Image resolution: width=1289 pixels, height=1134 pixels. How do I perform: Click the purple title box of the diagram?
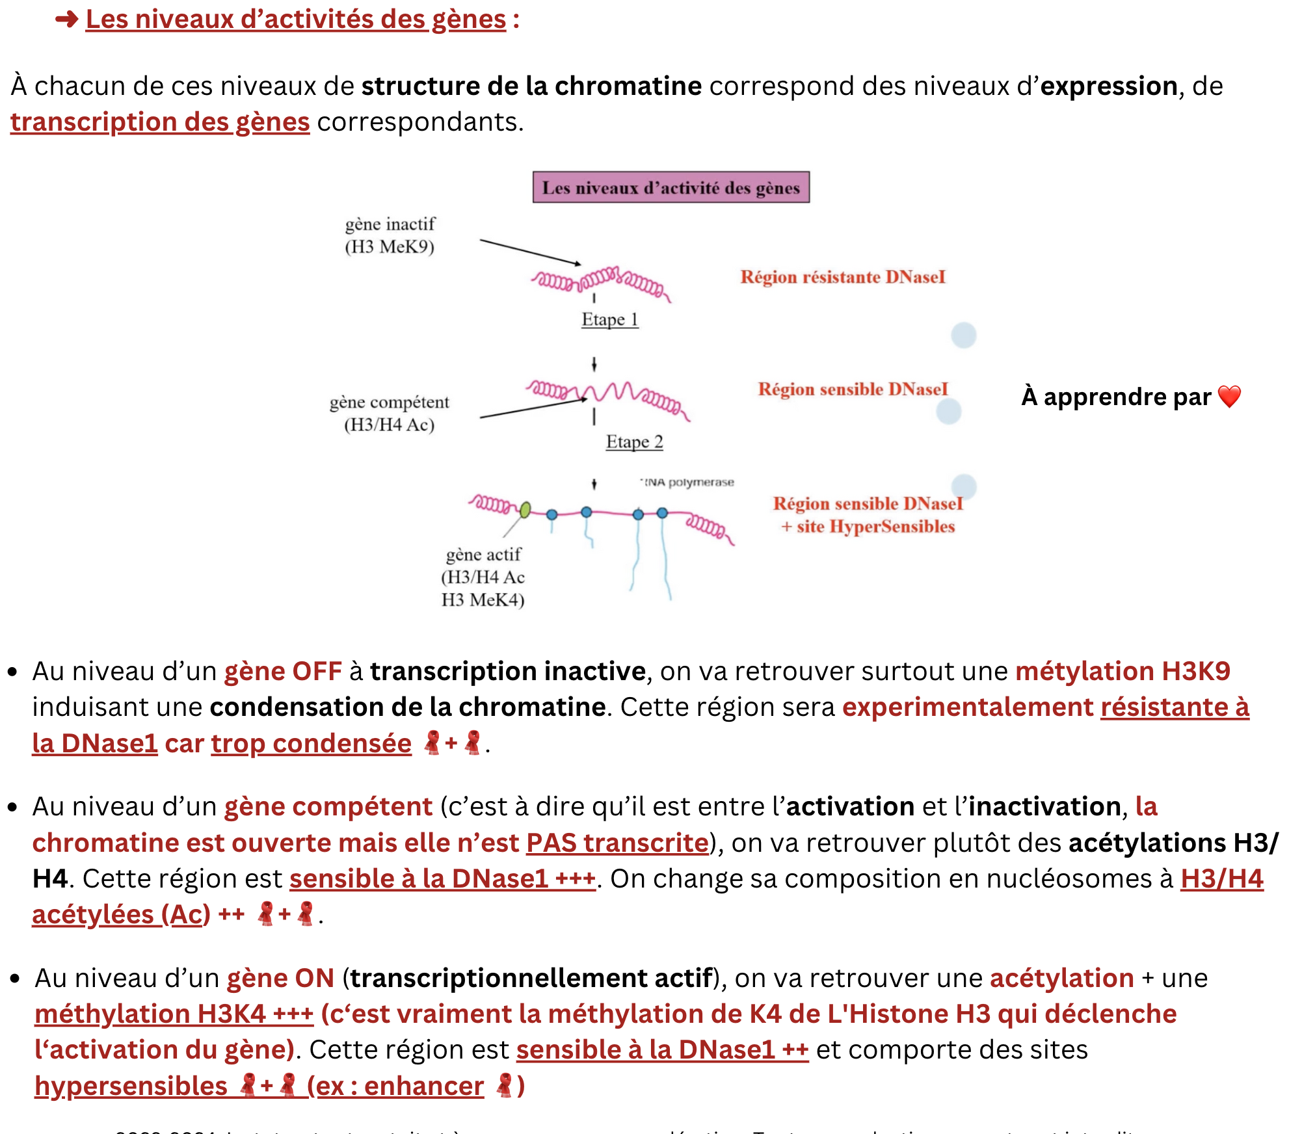coord(671,187)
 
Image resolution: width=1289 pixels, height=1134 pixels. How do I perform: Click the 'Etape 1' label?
coord(609,319)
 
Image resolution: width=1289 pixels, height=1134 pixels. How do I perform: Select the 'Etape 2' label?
coord(634,442)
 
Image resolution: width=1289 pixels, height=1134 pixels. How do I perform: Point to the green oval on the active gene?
coord(525,509)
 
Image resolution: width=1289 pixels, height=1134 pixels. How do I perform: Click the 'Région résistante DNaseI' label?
coord(842,277)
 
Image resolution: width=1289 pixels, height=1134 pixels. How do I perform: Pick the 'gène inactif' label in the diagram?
coord(390,224)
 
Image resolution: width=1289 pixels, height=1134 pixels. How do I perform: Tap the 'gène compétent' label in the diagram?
coord(389,402)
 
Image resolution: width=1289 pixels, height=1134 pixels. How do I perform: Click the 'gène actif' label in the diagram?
coord(483,555)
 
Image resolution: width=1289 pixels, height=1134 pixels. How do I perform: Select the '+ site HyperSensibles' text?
coord(868,527)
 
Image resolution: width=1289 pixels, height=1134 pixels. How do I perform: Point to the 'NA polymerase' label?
coord(689,482)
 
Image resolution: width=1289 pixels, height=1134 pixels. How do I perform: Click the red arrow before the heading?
coord(66,20)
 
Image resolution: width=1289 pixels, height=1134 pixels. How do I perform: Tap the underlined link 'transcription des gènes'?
coord(160,122)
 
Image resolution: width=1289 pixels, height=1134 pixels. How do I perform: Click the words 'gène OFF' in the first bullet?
coord(283,671)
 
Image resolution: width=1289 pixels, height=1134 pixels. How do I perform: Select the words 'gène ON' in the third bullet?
coord(280,978)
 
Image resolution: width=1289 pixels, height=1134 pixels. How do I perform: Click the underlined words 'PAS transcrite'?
coord(617,843)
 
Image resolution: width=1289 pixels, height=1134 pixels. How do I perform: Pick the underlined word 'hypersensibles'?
coord(131,1086)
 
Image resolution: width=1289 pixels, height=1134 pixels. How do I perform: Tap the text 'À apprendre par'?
coord(1116,397)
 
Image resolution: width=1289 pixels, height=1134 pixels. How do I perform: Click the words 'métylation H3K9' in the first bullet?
coord(1123,671)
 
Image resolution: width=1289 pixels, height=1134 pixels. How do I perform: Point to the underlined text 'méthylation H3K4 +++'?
coord(174,1014)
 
